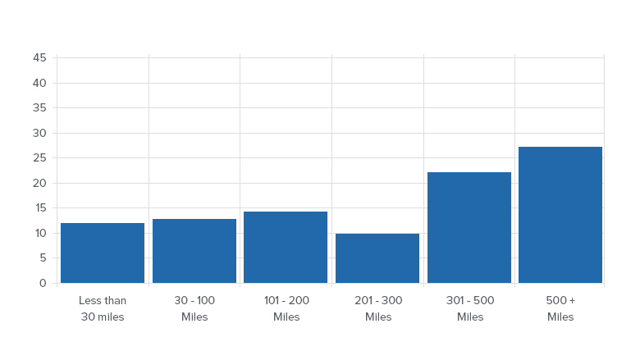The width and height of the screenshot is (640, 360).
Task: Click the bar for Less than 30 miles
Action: tap(103, 253)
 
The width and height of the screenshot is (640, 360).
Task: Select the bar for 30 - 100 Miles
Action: tap(194, 251)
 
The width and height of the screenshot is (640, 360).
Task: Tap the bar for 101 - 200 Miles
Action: tap(286, 247)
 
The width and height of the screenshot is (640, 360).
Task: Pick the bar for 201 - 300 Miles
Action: tap(377, 258)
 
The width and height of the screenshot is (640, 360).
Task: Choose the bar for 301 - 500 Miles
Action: tap(469, 227)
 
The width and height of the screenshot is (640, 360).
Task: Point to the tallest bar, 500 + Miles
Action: tap(560, 215)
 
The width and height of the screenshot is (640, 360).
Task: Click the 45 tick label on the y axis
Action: tap(39, 58)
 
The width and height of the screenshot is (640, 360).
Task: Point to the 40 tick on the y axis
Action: tap(39, 83)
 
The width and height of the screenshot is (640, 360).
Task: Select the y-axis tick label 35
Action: tap(39, 108)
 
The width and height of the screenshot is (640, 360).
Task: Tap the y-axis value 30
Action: tap(39, 133)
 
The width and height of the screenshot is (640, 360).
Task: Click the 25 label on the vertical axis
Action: tap(39, 158)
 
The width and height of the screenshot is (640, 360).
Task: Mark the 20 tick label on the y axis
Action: tap(39, 183)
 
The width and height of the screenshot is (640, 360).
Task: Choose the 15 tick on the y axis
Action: tap(39, 208)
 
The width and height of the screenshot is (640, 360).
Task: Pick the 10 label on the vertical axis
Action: tap(39, 233)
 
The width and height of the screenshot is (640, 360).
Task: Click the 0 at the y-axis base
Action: tap(43, 283)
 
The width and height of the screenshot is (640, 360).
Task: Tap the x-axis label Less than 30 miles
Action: tap(103, 309)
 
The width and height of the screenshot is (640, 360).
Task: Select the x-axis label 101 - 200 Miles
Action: tap(286, 309)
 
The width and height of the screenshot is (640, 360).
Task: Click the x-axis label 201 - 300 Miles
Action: tap(378, 309)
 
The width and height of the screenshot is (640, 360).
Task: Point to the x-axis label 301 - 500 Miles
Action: tap(470, 309)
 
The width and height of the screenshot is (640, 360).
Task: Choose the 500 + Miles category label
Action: tap(560, 309)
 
